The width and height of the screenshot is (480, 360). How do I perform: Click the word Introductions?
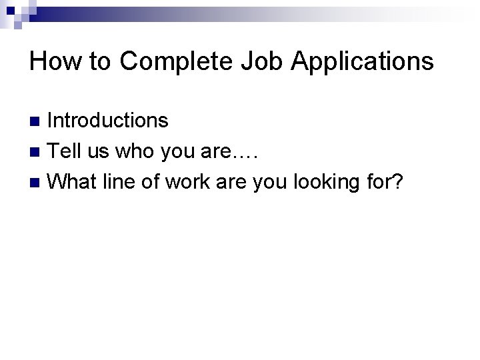coord(108,121)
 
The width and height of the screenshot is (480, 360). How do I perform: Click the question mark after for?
coord(398,181)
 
